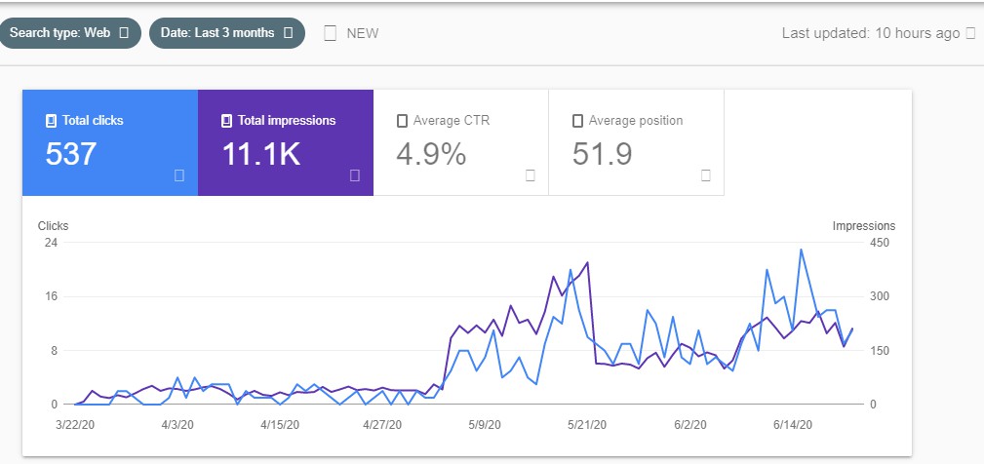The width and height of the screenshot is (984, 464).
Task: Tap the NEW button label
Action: (363, 33)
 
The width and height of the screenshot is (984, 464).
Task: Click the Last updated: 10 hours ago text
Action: (871, 33)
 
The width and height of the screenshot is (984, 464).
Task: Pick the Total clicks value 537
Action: (71, 154)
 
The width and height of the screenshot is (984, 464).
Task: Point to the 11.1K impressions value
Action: (260, 154)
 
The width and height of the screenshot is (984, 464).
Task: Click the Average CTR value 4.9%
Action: (431, 154)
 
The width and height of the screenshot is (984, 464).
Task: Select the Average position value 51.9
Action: (603, 154)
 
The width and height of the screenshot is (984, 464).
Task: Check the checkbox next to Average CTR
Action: (402, 121)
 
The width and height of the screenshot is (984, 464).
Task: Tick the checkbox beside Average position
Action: (577, 121)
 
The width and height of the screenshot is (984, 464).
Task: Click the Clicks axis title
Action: (53, 226)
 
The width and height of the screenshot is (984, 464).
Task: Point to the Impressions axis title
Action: (863, 226)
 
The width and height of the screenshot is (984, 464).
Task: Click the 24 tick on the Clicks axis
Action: (53, 243)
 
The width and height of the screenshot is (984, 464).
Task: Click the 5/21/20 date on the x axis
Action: (588, 425)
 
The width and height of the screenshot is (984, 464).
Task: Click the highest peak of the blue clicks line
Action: (801, 250)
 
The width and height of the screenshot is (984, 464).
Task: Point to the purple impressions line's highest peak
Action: (587, 262)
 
